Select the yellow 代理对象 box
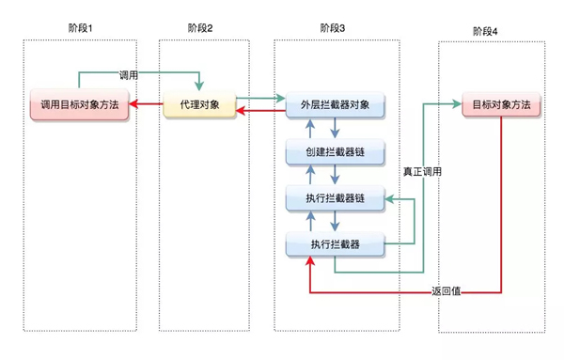198,105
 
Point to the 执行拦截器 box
336,244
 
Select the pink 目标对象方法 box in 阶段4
502,105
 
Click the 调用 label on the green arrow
130,74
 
